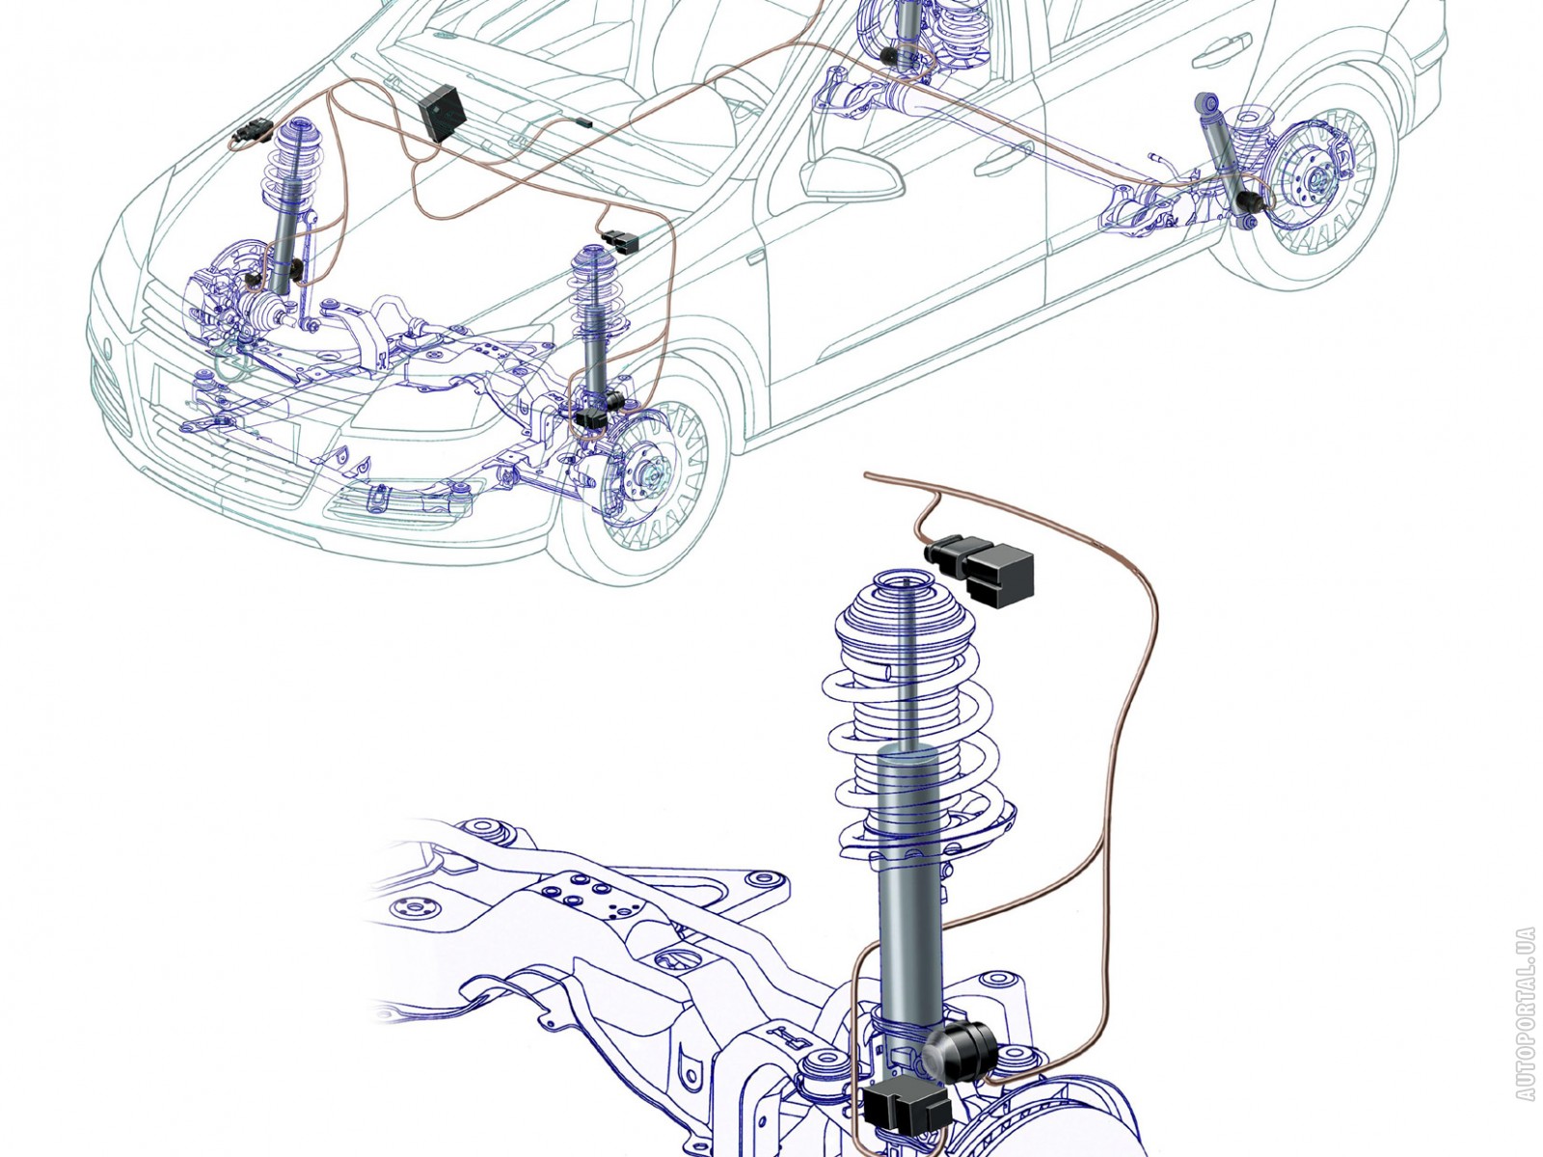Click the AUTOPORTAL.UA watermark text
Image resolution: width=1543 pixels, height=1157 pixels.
pyautogui.click(x=1525, y=1013)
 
